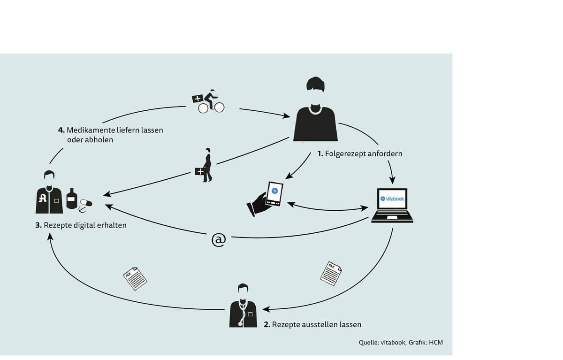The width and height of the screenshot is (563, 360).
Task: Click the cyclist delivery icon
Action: coord(209,101)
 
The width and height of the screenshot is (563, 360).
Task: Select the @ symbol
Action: coord(219,240)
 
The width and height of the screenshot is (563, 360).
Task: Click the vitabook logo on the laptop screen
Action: coord(392,199)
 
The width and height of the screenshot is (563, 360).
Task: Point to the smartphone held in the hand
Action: coord(274,195)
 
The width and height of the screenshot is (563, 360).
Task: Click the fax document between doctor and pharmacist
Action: coord(135,278)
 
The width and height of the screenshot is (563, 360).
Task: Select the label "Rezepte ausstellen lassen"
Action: coord(317,324)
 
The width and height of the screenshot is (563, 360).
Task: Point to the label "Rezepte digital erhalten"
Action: coord(84,225)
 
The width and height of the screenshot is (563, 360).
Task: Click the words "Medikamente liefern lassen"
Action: coord(114,130)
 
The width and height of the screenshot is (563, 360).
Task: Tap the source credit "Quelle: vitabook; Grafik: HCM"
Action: coord(401,342)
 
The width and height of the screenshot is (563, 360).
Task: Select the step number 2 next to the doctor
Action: coord(267,324)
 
